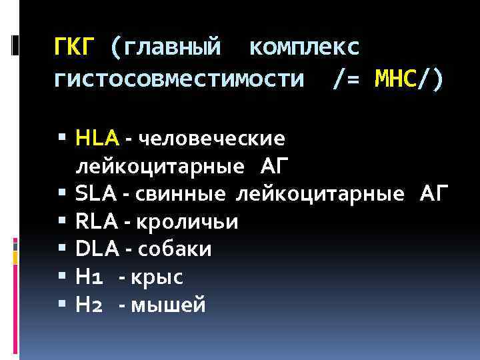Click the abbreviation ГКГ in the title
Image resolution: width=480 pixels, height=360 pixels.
point(75,47)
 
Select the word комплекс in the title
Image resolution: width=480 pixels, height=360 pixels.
point(304,47)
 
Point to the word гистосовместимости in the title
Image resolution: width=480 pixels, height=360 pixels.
point(178,80)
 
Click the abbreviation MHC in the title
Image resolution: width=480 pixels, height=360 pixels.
point(395,79)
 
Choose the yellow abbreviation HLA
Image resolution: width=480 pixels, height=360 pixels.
point(97,138)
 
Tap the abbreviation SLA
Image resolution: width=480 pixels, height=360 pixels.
point(97,193)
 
